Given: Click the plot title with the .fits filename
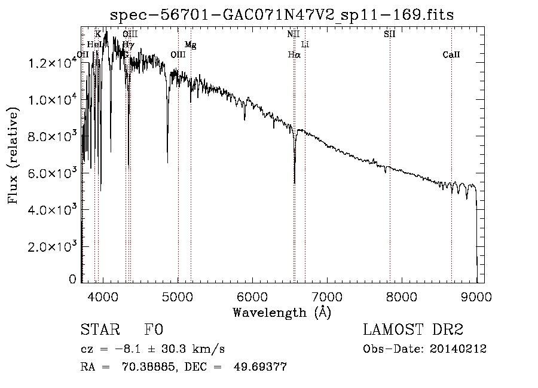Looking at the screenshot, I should [282, 15].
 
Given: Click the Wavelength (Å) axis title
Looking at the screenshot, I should [282, 312].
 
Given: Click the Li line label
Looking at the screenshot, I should [305, 45].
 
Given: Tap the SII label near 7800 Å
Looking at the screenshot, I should [389, 34].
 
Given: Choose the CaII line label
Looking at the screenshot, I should [451, 55].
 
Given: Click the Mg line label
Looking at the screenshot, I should [190, 45].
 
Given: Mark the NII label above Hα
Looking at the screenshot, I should [293, 34].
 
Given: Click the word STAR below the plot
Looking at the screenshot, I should [99, 330].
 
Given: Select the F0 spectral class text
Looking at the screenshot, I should [154, 330].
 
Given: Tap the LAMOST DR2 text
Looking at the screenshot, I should [413, 330].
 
